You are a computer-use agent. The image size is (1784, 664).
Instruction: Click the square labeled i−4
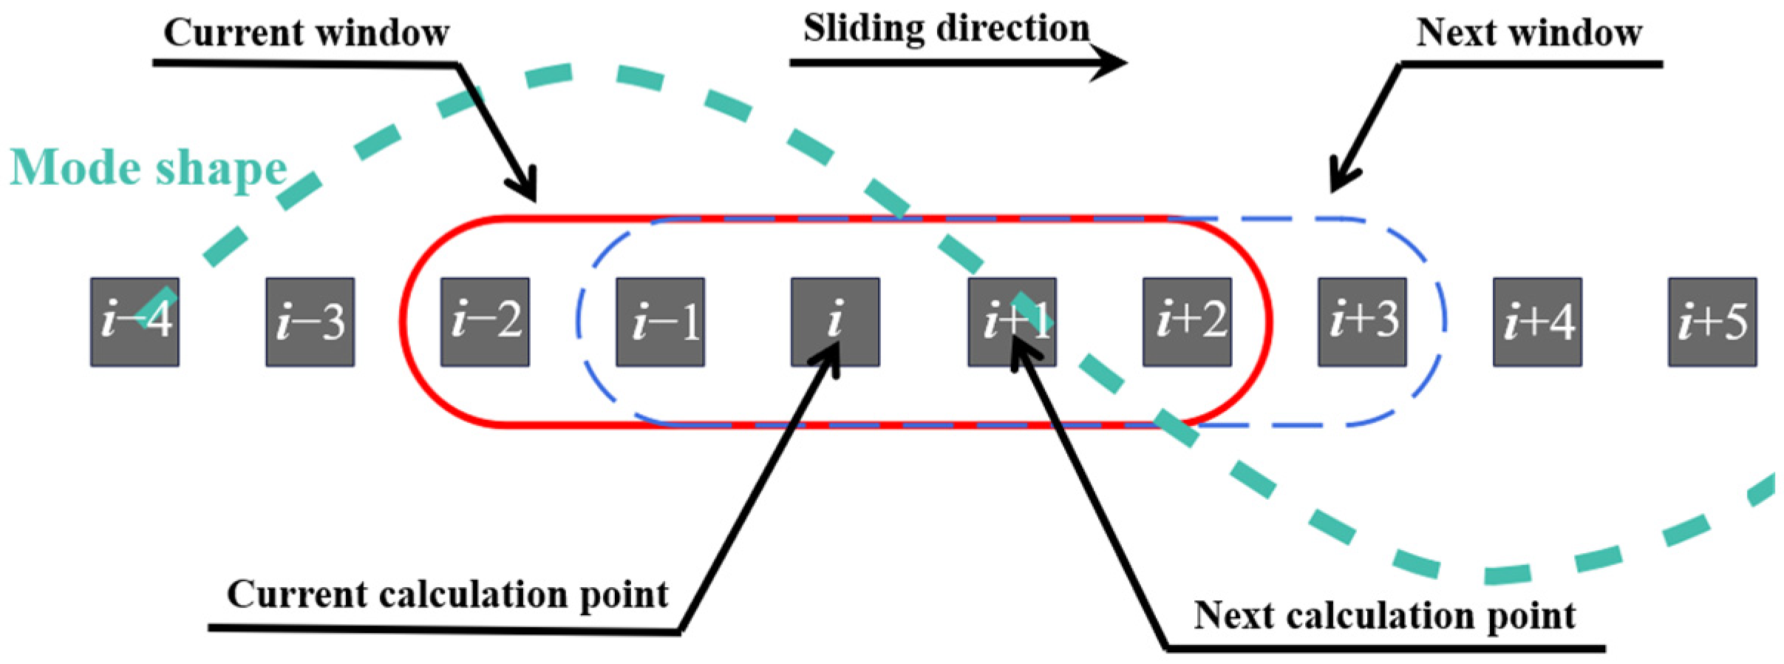pos(135,322)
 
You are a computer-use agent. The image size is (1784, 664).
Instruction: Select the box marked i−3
pos(310,322)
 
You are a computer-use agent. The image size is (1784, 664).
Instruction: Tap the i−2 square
pos(485,322)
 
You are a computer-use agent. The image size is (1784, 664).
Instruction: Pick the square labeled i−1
pos(660,322)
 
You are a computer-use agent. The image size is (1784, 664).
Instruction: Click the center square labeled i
pos(835,322)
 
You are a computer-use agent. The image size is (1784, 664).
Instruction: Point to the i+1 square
pos(1012,322)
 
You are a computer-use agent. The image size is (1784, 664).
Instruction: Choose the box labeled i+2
pos(1187,322)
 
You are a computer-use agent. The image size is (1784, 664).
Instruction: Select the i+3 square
pos(1362,322)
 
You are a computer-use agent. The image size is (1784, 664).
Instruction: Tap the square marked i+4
pos(1537,322)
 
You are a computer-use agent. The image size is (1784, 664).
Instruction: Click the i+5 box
pos(1712,322)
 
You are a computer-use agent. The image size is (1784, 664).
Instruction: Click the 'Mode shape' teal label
pos(148,169)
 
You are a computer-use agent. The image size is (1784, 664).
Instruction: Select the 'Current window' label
pos(306,33)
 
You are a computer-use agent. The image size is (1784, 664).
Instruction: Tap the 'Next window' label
pos(1528,33)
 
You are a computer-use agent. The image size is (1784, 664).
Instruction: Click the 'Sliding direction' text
pos(946,30)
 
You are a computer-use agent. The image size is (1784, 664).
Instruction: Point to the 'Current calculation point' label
pos(447,594)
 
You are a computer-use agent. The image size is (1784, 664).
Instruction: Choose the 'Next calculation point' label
pos(1384,615)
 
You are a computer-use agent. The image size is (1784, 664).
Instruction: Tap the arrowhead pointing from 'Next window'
pos(1339,182)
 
